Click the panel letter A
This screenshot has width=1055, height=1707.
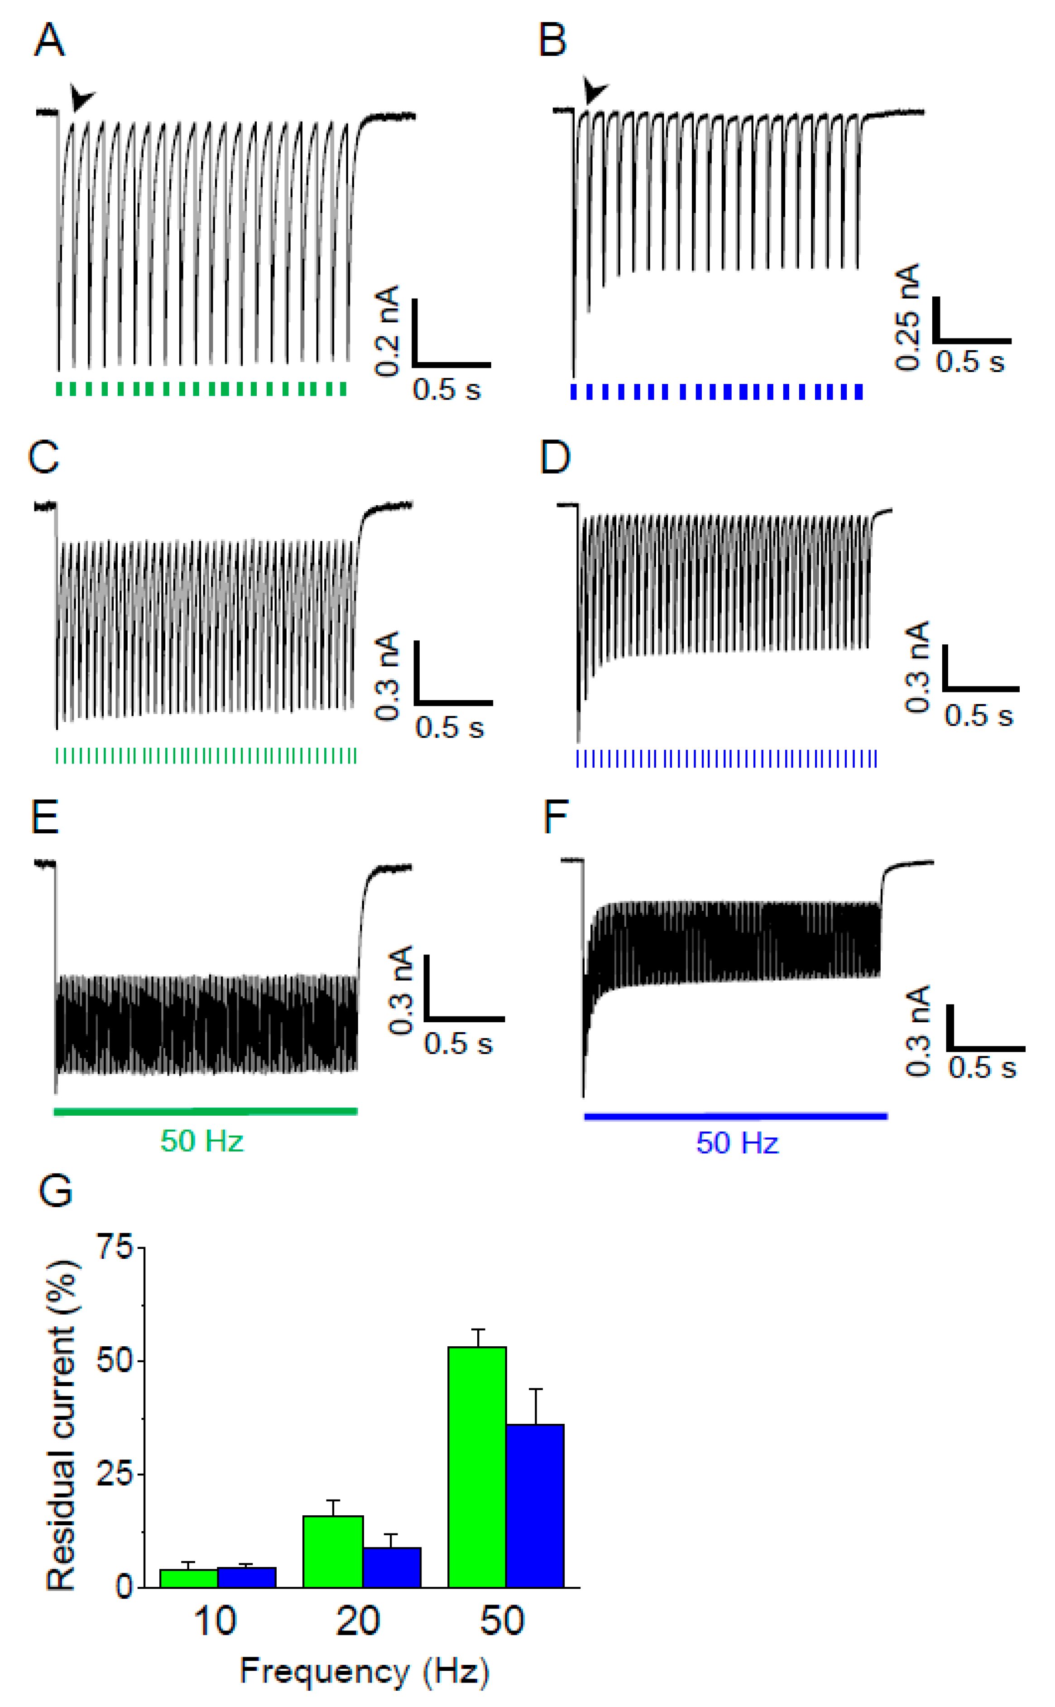(x=49, y=40)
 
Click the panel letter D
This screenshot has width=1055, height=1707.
(x=556, y=458)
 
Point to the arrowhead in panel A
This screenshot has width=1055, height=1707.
(x=82, y=98)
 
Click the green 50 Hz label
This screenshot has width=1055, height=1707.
(x=201, y=1141)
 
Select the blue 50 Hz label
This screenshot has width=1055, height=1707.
(x=737, y=1143)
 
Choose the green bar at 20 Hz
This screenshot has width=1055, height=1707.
(x=333, y=1551)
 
